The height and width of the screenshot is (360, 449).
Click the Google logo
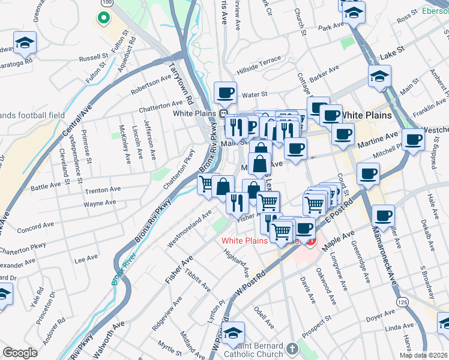(x=20, y=353)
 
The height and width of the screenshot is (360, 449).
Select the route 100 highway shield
(x=106, y=3)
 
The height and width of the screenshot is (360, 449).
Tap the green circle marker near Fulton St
(x=103, y=17)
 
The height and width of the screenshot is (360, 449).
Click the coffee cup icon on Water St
(x=225, y=92)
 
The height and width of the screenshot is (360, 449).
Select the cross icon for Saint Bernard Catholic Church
(x=292, y=348)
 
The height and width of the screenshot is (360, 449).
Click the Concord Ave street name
(x=38, y=227)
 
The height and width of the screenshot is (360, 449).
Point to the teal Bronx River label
(x=124, y=263)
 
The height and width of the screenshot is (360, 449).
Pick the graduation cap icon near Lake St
(x=379, y=76)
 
